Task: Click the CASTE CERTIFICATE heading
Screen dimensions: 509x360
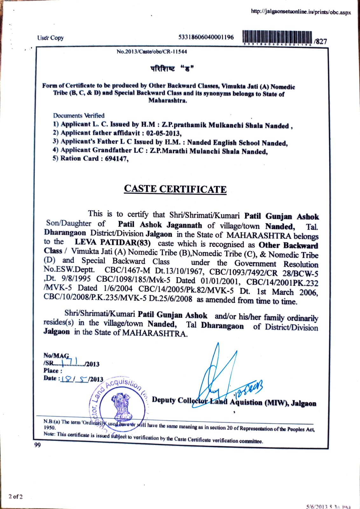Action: click(x=175, y=189)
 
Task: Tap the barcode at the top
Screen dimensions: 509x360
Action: click(x=277, y=38)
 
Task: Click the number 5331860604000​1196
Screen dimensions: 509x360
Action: click(x=206, y=37)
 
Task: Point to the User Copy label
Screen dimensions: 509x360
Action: click(x=50, y=38)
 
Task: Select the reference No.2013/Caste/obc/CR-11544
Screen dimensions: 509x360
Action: click(x=152, y=52)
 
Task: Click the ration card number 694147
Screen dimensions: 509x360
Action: click(x=117, y=158)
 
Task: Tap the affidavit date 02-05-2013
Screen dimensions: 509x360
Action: click(x=163, y=133)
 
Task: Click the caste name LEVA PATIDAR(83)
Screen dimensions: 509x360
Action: click(x=113, y=242)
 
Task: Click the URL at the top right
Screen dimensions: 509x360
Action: click(x=301, y=12)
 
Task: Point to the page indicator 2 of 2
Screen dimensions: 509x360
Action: click(x=16, y=496)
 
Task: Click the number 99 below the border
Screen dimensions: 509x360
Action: click(x=38, y=445)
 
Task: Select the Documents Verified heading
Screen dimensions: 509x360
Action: click(x=79, y=115)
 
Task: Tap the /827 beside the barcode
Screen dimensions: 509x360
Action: click(x=320, y=41)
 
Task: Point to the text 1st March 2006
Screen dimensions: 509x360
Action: click(x=287, y=292)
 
